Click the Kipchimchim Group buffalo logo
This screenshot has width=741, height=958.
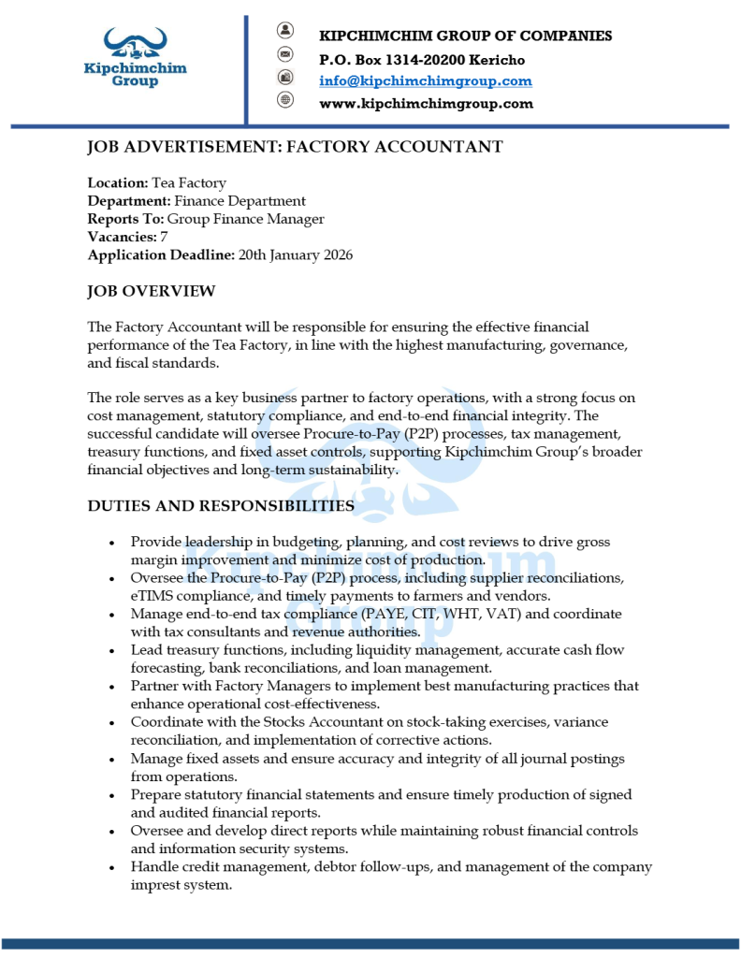point(135,57)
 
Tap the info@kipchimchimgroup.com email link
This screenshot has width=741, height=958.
point(426,81)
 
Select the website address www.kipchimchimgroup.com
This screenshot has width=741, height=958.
point(426,104)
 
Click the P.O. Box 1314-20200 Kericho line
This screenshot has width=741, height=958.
point(422,60)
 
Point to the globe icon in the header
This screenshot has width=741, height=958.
point(285,100)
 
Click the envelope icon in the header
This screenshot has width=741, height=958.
point(285,53)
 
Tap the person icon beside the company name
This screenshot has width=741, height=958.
point(285,30)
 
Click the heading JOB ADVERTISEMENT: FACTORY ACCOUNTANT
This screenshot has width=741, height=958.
point(295,147)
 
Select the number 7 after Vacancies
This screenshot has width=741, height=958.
point(164,237)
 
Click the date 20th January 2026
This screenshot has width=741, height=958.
point(296,254)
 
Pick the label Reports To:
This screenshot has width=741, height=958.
point(124,219)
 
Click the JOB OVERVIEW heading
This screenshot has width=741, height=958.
point(151,292)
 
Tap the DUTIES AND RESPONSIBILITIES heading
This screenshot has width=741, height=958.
point(221,506)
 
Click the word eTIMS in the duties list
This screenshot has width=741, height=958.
point(151,596)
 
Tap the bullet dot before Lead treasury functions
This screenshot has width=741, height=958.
point(112,650)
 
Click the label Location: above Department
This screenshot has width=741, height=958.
point(117,183)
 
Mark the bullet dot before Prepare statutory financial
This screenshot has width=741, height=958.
point(112,795)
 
